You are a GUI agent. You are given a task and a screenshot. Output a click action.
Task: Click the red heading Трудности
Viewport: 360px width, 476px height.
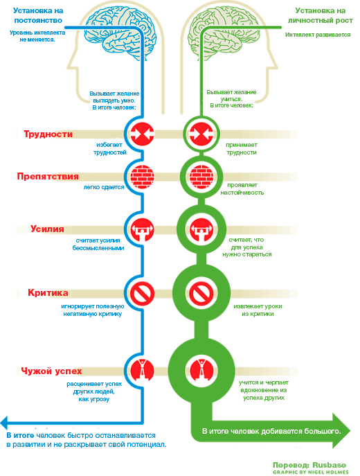(48, 134)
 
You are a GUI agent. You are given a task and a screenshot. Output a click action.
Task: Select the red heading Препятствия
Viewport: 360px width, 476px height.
(48, 177)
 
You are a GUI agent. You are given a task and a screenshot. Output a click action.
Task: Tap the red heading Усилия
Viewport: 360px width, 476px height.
(47, 229)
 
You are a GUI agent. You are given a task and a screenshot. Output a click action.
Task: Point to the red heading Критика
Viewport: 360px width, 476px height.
(48, 292)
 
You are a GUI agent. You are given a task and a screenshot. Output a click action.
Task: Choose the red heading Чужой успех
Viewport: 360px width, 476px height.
(51, 371)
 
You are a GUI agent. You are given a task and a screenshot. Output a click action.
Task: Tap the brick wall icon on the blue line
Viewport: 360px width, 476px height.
(142, 177)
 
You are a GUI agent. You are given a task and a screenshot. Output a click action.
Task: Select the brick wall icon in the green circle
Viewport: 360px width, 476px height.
(201, 177)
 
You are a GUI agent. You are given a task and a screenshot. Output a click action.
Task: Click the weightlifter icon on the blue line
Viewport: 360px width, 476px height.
(142, 229)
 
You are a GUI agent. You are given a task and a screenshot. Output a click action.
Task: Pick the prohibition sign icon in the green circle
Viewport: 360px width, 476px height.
(201, 294)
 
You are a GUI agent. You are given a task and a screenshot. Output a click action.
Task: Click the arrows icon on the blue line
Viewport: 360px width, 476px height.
(142, 134)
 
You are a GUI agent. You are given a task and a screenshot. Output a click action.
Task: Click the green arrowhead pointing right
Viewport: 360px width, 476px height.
(341, 430)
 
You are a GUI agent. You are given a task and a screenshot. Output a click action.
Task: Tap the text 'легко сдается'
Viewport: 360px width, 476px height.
(104, 187)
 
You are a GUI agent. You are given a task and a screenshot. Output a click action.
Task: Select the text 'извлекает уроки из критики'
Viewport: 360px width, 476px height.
(258, 310)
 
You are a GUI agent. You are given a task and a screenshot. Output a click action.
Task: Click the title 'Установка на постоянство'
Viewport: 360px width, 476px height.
(38, 15)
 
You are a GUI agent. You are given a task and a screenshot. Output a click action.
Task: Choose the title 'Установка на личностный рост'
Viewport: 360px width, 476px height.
(321, 15)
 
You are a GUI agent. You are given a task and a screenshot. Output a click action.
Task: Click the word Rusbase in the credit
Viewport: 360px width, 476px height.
(329, 465)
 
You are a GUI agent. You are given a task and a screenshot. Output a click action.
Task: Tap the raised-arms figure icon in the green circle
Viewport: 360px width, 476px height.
(201, 371)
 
